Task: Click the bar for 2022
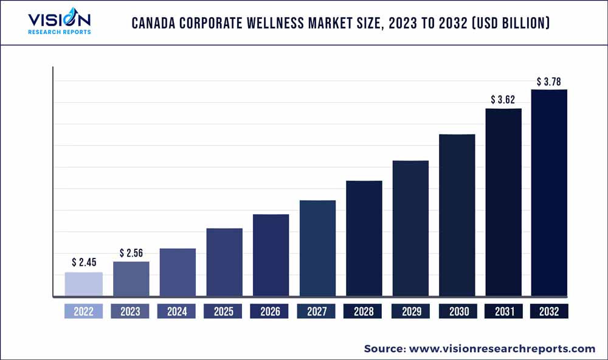coord(84,284)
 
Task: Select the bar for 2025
coord(224,262)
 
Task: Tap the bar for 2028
coord(364,238)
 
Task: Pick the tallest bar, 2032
coord(549,193)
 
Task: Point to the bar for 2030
coord(457,215)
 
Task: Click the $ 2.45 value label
coord(84,263)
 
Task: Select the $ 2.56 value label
coord(131,252)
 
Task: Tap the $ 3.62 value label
coord(503,99)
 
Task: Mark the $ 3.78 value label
coord(549,80)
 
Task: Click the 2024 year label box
coord(177,311)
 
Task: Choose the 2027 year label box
coord(316,311)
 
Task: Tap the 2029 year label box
coord(410,311)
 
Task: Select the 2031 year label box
coord(503,311)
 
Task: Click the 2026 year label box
coord(270,311)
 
